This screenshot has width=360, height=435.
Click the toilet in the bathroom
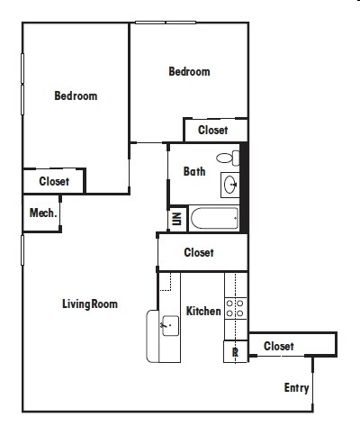(x=228, y=159)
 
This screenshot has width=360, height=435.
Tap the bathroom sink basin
(x=230, y=185)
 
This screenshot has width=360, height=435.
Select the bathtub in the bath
(x=214, y=218)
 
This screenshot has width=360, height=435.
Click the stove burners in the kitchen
(x=236, y=308)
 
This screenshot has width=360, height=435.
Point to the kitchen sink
(x=170, y=326)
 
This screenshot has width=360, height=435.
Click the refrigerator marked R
(x=236, y=351)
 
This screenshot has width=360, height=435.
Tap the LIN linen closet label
(x=176, y=219)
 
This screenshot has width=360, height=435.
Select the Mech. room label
(x=43, y=213)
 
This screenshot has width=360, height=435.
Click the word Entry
(x=296, y=388)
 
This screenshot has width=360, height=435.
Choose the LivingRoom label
(x=90, y=304)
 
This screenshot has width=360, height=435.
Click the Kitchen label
(x=203, y=311)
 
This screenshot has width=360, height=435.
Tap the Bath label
(x=194, y=171)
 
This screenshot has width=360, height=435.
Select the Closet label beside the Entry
(x=279, y=346)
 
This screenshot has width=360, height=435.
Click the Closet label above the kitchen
(x=199, y=252)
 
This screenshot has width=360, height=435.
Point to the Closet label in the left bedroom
(x=54, y=181)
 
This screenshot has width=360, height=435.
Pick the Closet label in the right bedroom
(x=212, y=130)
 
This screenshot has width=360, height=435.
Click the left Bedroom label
(x=76, y=95)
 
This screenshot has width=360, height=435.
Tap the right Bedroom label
(x=189, y=71)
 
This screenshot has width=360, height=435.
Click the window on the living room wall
(x=22, y=250)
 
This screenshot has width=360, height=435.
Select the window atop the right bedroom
(x=166, y=23)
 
